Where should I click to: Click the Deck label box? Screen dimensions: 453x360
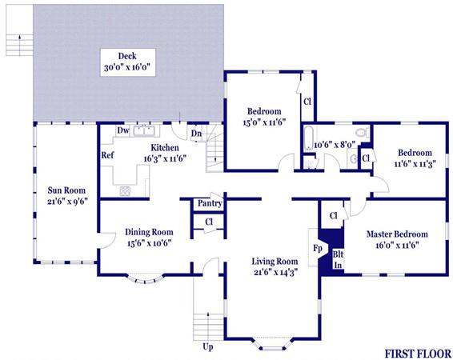click(128, 62)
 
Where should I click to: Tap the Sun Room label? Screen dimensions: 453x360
click(66, 190)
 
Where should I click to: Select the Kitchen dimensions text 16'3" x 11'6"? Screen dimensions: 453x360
click(165, 158)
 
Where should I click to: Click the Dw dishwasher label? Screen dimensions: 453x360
click(123, 130)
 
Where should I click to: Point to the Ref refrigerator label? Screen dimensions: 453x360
click(107, 155)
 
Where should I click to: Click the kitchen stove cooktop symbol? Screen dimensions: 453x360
click(125, 191)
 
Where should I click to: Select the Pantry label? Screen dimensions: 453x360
click(210, 203)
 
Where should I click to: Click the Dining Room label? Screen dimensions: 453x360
click(149, 232)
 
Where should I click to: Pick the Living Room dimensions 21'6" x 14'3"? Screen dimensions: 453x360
click(275, 272)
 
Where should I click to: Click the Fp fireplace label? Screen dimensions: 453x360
click(318, 248)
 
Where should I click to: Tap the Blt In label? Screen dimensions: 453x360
click(338, 259)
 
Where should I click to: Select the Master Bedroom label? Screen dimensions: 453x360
click(397, 234)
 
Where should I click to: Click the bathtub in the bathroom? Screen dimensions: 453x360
click(309, 138)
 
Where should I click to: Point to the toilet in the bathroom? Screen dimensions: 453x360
click(363, 132)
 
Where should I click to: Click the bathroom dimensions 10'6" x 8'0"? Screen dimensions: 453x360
click(335, 144)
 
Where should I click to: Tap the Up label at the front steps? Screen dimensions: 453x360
click(208, 346)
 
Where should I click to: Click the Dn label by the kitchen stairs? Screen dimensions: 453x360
click(196, 134)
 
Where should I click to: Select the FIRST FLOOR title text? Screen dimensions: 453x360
click(418, 354)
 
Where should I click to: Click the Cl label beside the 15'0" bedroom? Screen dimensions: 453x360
click(307, 102)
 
